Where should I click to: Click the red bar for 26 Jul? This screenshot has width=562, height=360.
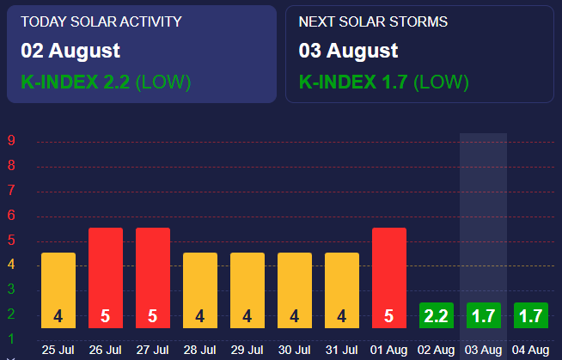click(x=106, y=277)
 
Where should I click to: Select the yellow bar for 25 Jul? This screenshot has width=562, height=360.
click(x=58, y=290)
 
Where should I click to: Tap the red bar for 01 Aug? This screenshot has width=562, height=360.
click(x=389, y=277)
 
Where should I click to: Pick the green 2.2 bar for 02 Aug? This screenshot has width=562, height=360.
click(x=437, y=315)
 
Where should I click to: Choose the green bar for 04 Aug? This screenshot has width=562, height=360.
click(x=531, y=315)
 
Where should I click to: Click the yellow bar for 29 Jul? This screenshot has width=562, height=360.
click(x=247, y=290)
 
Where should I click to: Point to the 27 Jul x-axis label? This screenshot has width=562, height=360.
click(x=153, y=350)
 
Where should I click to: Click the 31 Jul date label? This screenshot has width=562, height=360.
click(x=342, y=350)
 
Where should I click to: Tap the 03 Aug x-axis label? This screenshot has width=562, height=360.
click(x=484, y=350)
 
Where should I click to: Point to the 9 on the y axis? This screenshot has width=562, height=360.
click(x=11, y=141)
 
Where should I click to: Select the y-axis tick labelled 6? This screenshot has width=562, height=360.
click(x=11, y=216)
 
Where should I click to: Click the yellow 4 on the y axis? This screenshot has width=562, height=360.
click(x=11, y=265)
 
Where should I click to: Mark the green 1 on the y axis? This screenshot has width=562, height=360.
click(x=11, y=338)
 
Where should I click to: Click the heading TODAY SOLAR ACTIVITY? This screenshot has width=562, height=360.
click(x=101, y=21)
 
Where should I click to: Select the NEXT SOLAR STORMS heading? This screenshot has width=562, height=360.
click(x=373, y=21)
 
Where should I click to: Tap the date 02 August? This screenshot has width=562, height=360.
click(x=70, y=51)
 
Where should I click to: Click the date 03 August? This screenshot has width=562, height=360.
click(x=348, y=51)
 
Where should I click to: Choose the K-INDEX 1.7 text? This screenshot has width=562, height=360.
click(x=353, y=82)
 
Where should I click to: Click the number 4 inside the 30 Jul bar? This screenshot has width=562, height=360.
click(x=295, y=316)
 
